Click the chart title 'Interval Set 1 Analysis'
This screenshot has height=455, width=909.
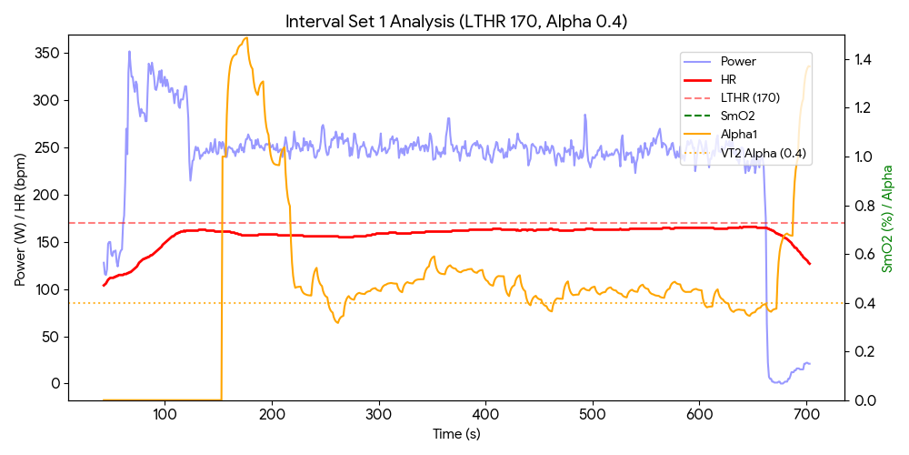tap(455, 21)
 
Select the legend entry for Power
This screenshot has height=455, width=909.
tap(738, 62)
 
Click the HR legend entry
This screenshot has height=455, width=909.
tap(728, 80)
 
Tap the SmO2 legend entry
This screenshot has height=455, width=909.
tap(737, 116)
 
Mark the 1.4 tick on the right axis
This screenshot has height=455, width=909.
tap(860, 60)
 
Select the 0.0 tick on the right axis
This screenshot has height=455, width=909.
tap(860, 400)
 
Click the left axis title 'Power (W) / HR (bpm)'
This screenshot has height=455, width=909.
tap(20, 218)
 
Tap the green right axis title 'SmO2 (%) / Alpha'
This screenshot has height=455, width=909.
tap(888, 218)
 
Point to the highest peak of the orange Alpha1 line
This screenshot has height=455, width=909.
tap(245, 38)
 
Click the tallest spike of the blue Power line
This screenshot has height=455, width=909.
tap(129, 52)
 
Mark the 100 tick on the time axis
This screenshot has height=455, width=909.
tap(165, 416)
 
